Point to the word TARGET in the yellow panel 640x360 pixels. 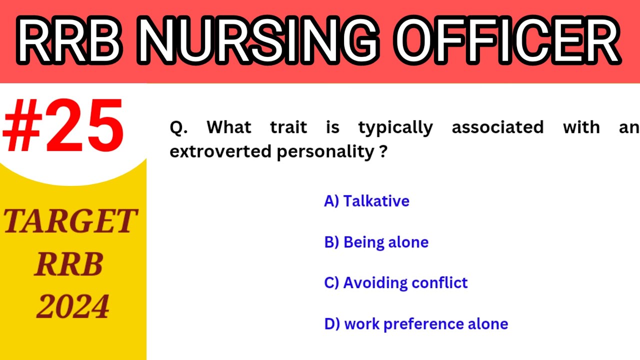point(70,221)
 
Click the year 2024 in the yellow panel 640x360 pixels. point(73,306)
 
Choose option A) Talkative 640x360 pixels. point(366,201)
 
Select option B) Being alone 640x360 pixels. point(376,242)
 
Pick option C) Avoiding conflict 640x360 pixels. point(395,283)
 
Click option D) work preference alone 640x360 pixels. point(416,324)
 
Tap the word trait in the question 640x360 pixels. point(288,127)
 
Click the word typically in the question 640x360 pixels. point(395,128)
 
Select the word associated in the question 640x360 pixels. point(497,127)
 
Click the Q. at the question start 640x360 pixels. point(178,127)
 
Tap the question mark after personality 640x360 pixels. point(383,151)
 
